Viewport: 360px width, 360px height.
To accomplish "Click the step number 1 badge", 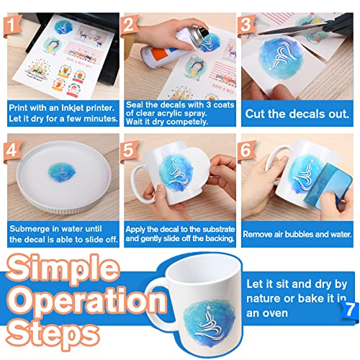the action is pos(12,25).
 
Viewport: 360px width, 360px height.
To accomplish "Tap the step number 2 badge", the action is pos(129,25).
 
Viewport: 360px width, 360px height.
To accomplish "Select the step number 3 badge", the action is pos(246,25).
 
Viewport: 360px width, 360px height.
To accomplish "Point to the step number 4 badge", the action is pos(12,150).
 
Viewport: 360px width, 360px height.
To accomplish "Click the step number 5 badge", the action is pos(129,150).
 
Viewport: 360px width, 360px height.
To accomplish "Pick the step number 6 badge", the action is pos(246,150).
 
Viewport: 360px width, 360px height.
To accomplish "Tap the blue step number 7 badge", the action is pos(350,310).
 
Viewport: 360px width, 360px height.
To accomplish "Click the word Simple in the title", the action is pos(63,267).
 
